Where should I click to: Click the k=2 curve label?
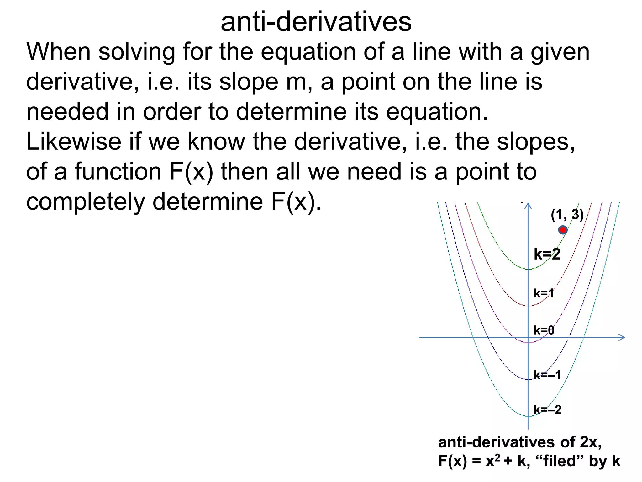547,254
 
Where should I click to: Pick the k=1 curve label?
544,293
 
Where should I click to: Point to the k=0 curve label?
544,330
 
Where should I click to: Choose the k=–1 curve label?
547,375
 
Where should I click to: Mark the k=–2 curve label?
548,410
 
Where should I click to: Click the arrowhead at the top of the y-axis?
528,205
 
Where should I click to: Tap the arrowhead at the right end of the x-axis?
622,337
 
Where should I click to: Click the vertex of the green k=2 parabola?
529,269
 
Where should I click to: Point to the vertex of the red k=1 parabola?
529,306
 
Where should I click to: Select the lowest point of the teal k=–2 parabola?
529,416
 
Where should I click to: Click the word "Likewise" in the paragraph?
74,142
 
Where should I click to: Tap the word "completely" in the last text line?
86,202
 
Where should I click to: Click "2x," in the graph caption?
591,442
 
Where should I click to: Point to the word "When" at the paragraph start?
59,52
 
